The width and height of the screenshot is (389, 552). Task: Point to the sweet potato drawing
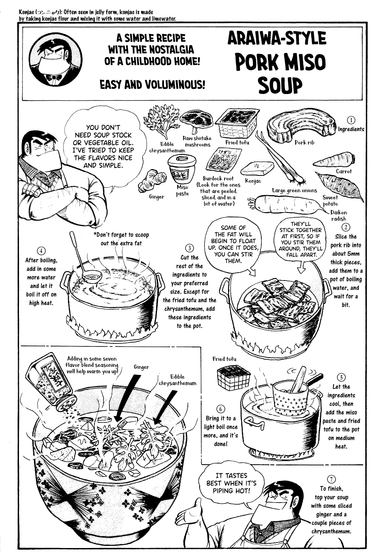click(340, 185)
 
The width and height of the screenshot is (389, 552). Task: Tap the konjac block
click(258, 169)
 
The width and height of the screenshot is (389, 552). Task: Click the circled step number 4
click(41, 251)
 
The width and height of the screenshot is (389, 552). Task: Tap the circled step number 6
click(221, 409)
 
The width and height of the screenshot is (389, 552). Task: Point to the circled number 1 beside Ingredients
click(351, 120)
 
